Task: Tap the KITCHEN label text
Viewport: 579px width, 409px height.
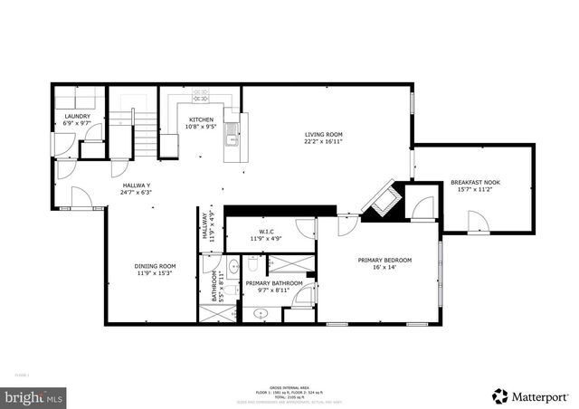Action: tap(201, 119)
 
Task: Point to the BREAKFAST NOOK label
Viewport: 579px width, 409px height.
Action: tap(475, 183)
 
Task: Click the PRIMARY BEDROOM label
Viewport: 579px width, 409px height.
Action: tap(384, 261)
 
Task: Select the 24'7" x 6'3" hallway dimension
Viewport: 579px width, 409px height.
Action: tap(136, 192)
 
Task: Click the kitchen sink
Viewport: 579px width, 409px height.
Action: tap(233, 134)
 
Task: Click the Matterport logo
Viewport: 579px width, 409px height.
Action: tap(530, 395)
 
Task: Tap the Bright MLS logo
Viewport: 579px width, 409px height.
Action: tap(34, 396)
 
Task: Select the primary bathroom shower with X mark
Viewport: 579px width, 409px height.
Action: tap(289, 265)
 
